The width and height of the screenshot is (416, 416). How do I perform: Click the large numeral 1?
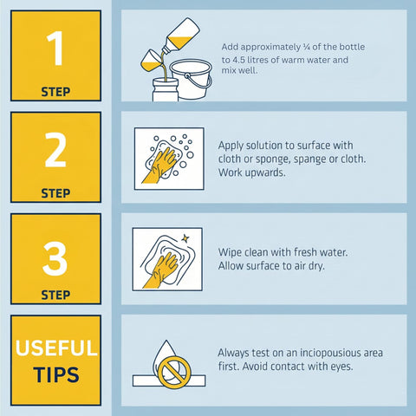point(55,48)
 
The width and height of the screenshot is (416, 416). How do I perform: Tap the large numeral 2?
point(55,150)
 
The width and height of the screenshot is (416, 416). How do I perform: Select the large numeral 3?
point(55,258)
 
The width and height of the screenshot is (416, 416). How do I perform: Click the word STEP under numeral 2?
point(55,193)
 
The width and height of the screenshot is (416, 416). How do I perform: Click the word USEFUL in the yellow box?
point(56,348)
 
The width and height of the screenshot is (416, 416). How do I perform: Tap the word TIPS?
point(56,374)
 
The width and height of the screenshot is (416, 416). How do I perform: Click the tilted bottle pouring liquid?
point(179,36)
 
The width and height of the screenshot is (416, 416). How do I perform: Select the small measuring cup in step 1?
point(151,61)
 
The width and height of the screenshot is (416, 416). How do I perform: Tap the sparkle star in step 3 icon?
point(185,238)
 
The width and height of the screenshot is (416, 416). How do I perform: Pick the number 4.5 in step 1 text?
point(238,60)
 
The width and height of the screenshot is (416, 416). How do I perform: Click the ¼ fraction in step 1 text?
point(307,47)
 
